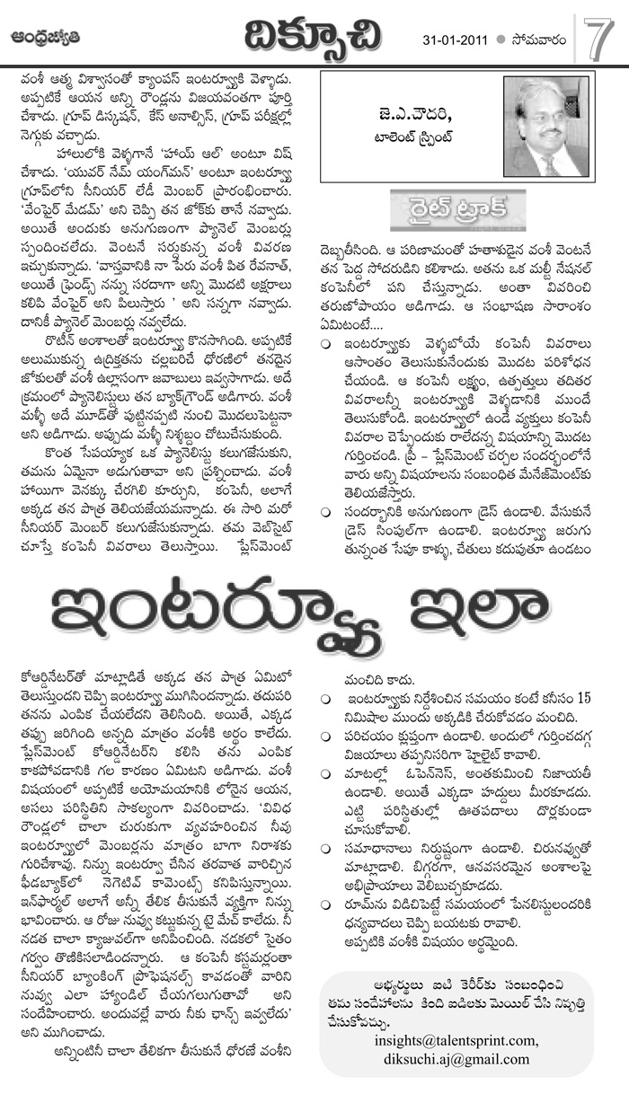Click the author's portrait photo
544,130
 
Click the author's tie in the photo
547,161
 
